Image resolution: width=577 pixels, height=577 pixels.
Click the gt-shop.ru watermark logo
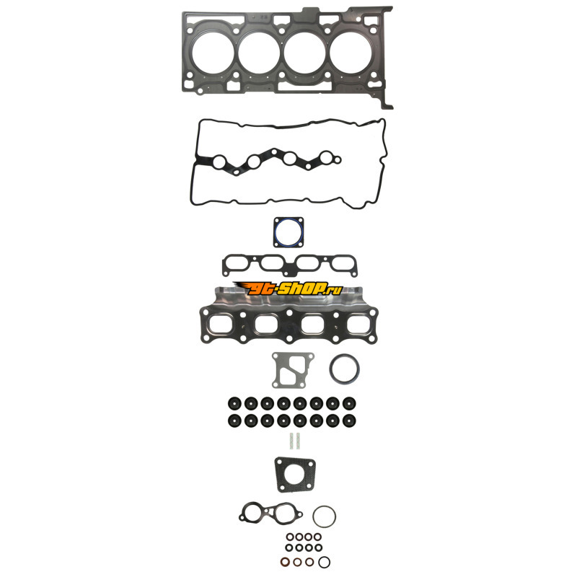pos(288,288)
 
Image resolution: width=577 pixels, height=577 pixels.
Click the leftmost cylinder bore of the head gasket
pos(213,52)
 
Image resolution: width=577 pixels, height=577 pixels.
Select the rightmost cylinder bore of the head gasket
pos(351,52)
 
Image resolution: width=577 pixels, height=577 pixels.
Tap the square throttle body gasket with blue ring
pos(288,232)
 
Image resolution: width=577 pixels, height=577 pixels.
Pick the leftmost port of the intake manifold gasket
pos(236,263)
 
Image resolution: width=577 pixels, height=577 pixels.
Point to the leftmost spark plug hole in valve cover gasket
pos(220,161)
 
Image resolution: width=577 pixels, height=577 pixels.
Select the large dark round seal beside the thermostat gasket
pos(345,369)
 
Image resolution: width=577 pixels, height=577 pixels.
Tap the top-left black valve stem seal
pos(234,403)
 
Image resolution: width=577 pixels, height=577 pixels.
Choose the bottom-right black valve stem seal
pos(349,420)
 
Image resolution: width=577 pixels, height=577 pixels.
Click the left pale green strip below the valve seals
pos(291,441)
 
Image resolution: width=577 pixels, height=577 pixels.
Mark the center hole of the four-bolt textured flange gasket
pos(295,474)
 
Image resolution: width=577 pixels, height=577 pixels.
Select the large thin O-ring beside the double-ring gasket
pos(324,516)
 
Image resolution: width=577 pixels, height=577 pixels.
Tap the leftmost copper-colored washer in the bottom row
pos(285,562)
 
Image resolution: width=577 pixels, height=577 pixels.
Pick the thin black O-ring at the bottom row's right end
pos(324,562)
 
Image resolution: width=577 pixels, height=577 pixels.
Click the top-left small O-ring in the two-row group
pos(290,537)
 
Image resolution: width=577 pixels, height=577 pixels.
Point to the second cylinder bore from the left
pos(259,52)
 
